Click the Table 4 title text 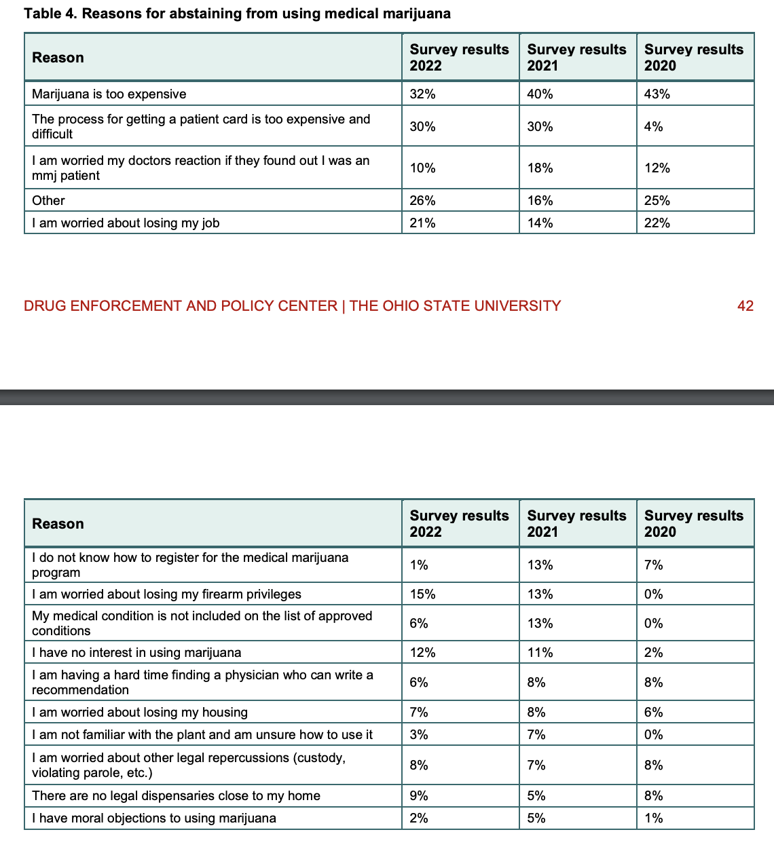(x=237, y=14)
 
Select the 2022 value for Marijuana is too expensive (x=422, y=94)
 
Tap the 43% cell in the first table (x=657, y=94)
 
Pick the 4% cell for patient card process (x=653, y=127)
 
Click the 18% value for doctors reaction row (x=540, y=168)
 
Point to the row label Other (x=48, y=201)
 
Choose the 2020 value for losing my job (x=657, y=223)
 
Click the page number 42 (x=745, y=306)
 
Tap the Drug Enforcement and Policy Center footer (x=292, y=306)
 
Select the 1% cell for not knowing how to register (x=419, y=565)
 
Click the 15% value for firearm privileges (x=422, y=594)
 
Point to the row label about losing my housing (x=139, y=713)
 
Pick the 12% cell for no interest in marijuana (x=422, y=653)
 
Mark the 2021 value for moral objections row (x=536, y=818)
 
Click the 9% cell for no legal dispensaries (x=419, y=796)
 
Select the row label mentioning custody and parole (x=188, y=765)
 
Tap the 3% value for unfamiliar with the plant (x=419, y=735)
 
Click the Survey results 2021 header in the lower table (x=576, y=524)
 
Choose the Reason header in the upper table (x=58, y=58)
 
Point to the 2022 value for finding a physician (x=419, y=683)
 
